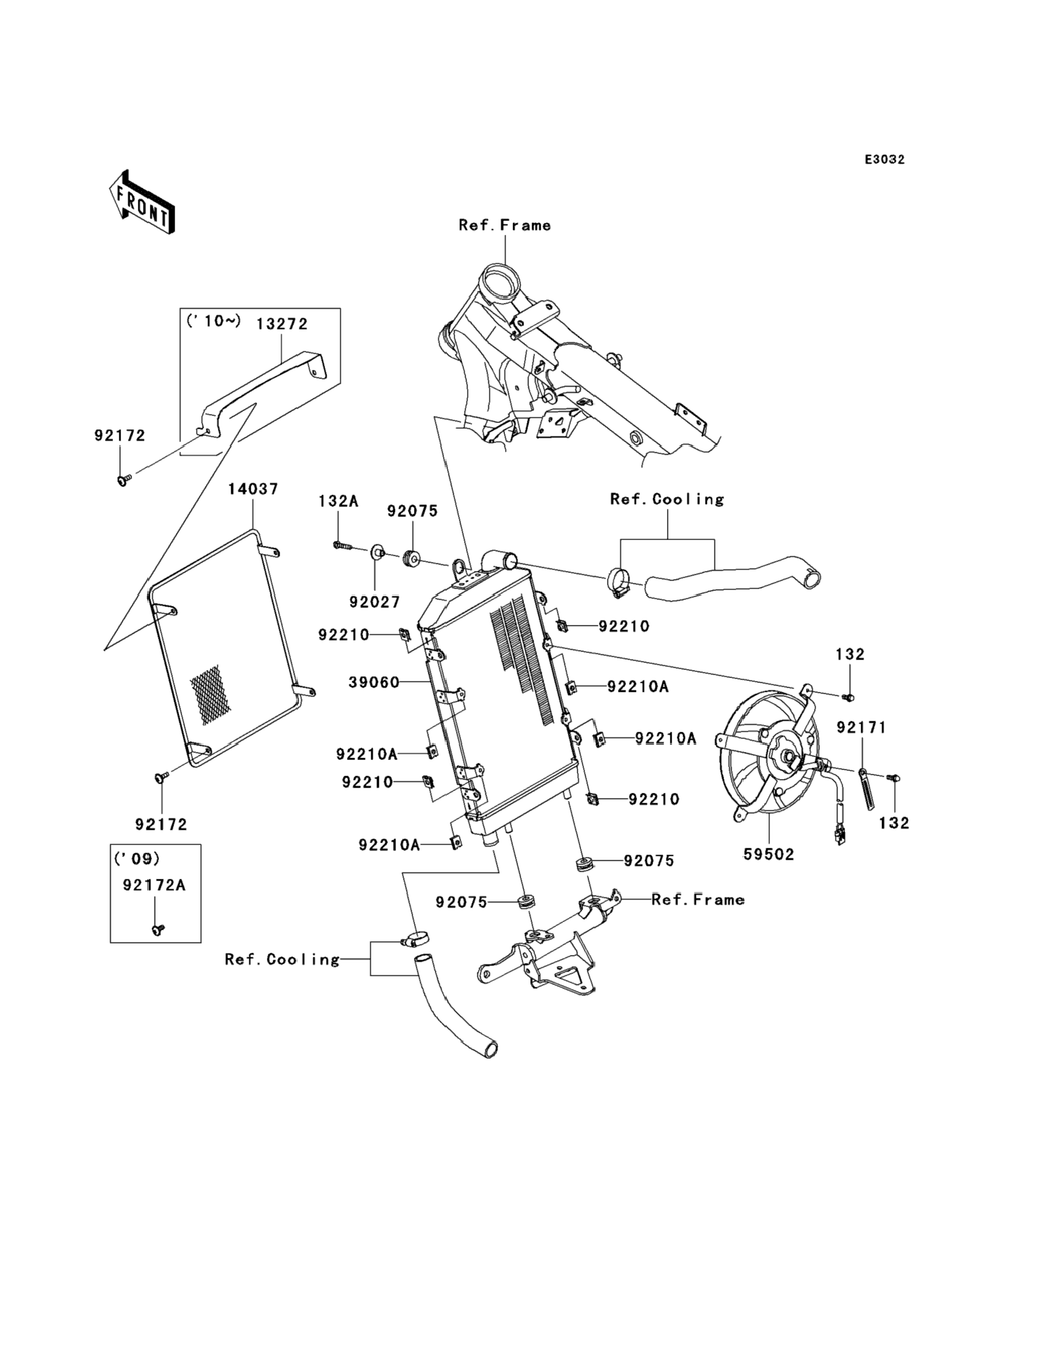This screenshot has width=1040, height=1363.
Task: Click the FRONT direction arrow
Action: coord(142,203)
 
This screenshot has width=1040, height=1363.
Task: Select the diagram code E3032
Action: coord(884,160)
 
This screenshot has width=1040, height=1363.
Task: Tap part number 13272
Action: coord(282,324)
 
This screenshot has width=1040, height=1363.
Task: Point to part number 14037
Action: coord(253,489)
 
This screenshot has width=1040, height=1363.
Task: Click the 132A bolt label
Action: coord(338,500)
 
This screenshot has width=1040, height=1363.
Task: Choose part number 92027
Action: coord(375,602)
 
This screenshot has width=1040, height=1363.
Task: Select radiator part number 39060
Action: coord(374,682)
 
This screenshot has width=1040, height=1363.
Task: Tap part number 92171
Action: coord(861,727)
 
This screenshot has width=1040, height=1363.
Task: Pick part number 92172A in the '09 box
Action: coord(154,885)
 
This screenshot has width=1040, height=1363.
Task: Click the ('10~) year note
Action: coord(213,321)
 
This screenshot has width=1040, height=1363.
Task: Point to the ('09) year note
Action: coord(137,859)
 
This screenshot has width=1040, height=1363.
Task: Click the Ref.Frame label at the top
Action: coord(504,225)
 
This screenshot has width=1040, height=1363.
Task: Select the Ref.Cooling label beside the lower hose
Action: coord(282,959)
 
